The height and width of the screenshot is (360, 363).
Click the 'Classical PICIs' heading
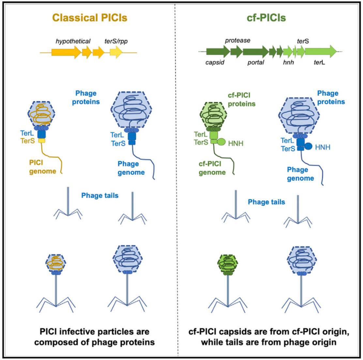click(90, 18)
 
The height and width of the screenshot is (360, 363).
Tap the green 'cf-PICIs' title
click(266, 18)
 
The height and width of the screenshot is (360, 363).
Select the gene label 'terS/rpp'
click(116, 41)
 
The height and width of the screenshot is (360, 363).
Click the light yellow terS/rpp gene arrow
click(116, 52)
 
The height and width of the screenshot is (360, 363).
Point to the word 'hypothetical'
click(73, 41)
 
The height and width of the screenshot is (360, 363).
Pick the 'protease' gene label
click(237, 40)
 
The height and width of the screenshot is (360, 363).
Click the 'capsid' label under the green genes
click(215, 63)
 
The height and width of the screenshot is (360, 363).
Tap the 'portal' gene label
click(256, 63)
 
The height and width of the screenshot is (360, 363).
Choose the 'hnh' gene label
click(288, 62)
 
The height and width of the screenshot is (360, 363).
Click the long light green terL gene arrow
click(321, 51)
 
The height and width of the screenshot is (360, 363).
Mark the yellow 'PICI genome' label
click(43, 167)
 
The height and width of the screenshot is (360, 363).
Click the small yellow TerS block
click(42, 140)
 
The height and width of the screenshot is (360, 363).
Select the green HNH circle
click(221, 142)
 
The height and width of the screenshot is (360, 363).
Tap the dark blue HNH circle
click(308, 146)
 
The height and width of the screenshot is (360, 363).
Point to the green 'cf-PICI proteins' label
click(241, 99)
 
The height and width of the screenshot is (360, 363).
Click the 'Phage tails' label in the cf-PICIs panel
click(266, 202)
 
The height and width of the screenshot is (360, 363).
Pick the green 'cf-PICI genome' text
click(212, 168)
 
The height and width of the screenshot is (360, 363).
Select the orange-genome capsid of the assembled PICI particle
click(56, 263)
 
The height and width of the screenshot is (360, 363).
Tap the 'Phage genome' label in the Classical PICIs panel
click(131, 168)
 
